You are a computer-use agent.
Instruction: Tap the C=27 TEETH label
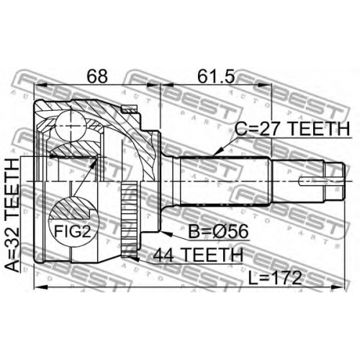(x=292, y=129)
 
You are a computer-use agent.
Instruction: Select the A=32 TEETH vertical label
(x=12, y=215)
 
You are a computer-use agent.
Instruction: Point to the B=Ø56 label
(x=218, y=232)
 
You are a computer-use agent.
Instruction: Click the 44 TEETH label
(x=198, y=255)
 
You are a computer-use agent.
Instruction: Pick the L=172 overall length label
(x=275, y=278)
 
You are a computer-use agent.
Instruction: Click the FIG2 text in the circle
(x=73, y=231)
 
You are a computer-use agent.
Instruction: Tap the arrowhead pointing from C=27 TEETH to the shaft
(x=217, y=152)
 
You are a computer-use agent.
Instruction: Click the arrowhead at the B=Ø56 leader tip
(x=166, y=233)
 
